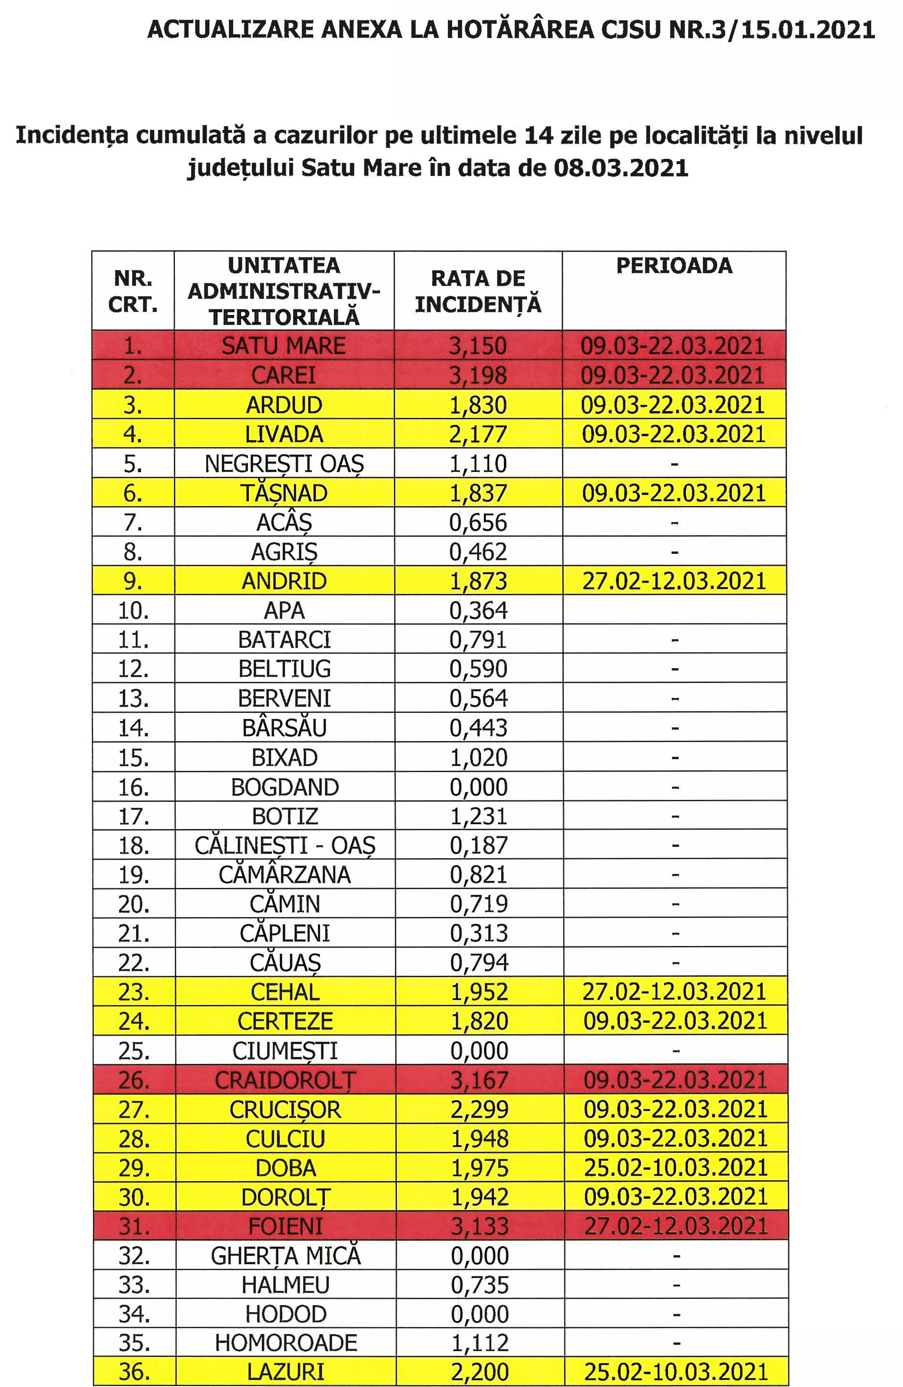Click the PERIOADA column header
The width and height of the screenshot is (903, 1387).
(674, 266)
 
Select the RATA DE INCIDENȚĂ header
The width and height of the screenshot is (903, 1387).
(478, 291)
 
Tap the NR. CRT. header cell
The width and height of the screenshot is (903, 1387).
(133, 291)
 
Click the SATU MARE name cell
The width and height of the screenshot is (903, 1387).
(284, 346)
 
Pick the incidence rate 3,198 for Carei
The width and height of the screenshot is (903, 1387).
(478, 375)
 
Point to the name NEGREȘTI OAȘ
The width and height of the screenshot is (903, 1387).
(284, 464)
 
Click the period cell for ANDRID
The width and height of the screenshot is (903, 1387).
(674, 581)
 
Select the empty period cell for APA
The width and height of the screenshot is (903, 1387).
(674, 610)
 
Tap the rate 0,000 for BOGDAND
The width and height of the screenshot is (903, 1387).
(478, 787)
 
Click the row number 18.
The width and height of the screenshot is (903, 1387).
(133, 845)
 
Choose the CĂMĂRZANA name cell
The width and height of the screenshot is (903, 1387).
(284, 874)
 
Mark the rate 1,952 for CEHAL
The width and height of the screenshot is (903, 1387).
(479, 992)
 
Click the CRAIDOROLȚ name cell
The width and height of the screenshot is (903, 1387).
(285, 1080)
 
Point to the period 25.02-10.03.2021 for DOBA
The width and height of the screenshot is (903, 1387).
(676, 1168)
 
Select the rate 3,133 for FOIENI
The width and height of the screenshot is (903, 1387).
(479, 1226)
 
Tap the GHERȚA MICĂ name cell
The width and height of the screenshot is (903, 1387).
(285, 1255)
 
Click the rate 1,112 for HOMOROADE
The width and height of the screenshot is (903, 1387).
(479, 1343)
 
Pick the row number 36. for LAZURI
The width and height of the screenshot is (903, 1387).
(134, 1372)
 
